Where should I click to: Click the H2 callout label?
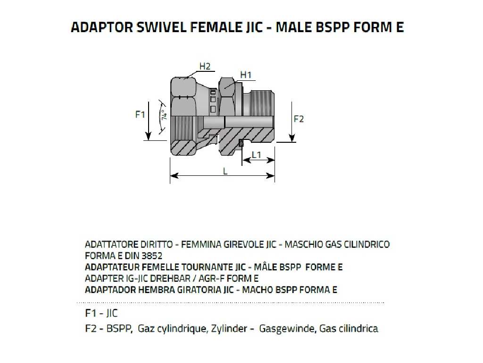[x=204, y=67]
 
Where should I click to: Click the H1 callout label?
[x=246, y=75]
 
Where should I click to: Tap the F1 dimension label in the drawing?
[x=140, y=114]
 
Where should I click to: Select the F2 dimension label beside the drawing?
[x=299, y=119]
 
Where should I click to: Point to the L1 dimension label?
[x=257, y=155]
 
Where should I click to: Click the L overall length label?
[x=225, y=171]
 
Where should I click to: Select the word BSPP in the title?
[x=335, y=27]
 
